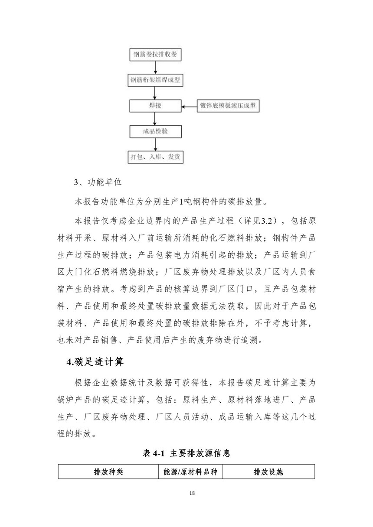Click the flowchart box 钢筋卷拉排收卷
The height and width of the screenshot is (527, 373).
click(x=155, y=55)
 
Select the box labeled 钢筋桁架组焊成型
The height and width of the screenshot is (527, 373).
click(x=155, y=80)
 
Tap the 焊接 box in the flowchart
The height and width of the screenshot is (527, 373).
click(x=155, y=106)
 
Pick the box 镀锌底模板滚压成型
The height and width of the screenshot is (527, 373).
click(x=228, y=106)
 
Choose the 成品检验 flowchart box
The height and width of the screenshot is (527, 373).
click(x=155, y=131)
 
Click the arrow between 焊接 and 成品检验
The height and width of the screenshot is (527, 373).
click(x=155, y=118)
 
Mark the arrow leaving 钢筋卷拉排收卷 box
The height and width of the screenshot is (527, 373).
click(x=155, y=68)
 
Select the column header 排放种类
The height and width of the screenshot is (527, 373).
click(x=108, y=472)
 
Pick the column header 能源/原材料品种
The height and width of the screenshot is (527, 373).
click(x=190, y=472)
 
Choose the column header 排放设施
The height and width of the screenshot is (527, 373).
click(x=268, y=472)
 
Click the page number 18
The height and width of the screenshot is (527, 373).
click(x=186, y=493)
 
